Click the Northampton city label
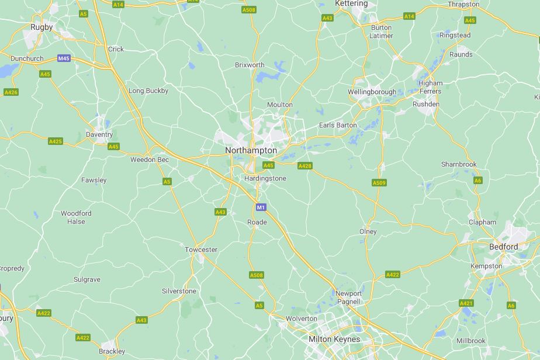[251, 150]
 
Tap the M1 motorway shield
[261, 207]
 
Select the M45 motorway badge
[64, 58]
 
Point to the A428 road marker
[304, 166]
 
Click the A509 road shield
[379, 183]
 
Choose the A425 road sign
[56, 141]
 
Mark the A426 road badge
[11, 92]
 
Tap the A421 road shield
[466, 303]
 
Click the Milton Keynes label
[334, 339]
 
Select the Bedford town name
[503, 247]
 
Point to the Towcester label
[201, 250]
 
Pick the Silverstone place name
[179, 291]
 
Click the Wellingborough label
[372, 92]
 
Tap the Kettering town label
[351, 4]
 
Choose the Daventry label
[99, 134]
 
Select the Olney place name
[368, 231]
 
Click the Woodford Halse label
[76, 217]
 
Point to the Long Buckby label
[148, 91]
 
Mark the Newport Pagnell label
[348, 297]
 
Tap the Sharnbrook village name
[459, 164]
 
